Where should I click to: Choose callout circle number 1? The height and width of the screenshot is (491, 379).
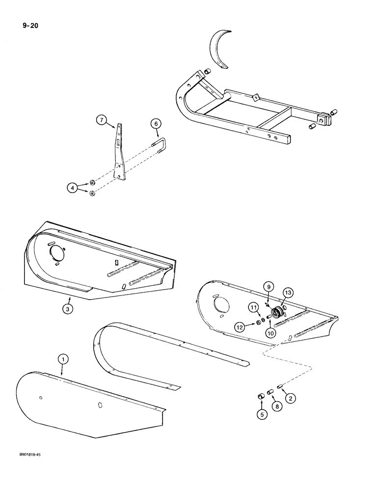click(62, 360)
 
